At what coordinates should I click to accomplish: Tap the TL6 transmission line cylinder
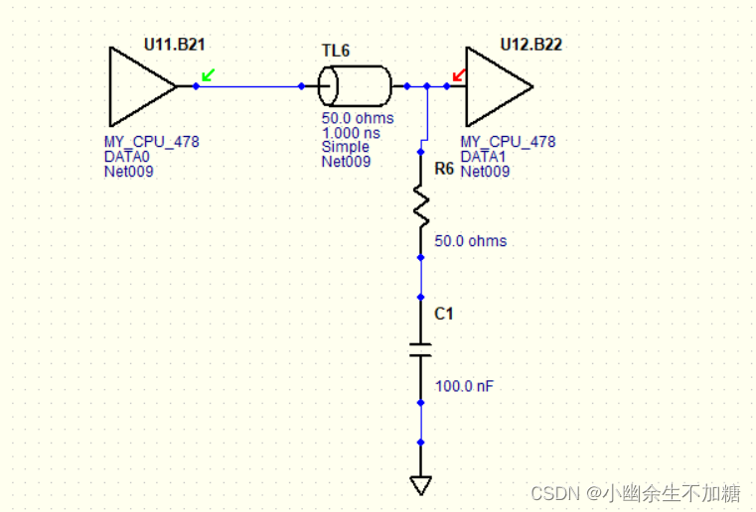pos(355,86)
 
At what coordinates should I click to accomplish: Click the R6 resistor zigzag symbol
pos(421,207)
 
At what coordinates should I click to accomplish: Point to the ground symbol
pos(421,484)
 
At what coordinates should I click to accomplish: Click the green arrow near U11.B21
pos(208,74)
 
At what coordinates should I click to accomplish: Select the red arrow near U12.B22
pos(459,74)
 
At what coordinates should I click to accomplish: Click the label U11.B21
pos(174,45)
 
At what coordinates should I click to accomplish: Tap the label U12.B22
pos(530,45)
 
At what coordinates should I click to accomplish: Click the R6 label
pos(444,169)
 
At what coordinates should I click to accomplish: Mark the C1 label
pos(444,314)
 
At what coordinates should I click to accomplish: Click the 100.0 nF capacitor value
pos(464,386)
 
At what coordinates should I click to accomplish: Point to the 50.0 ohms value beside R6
pos(471,241)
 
